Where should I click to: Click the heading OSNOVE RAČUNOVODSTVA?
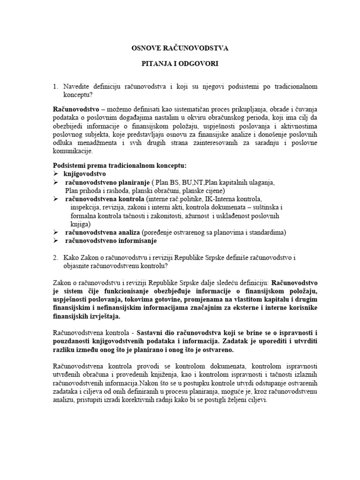click(180, 48)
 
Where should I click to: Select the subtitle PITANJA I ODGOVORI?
click(180, 63)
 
